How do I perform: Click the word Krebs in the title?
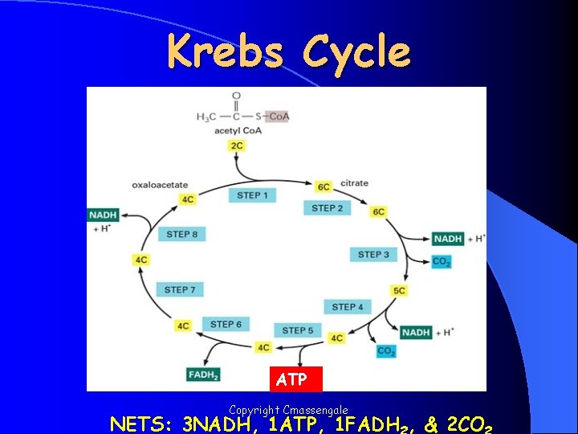(226, 52)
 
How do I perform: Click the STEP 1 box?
(253, 194)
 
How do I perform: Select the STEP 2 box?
(328, 208)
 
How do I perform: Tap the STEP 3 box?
(373, 255)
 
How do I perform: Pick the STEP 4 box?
(348, 306)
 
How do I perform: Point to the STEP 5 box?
(298, 330)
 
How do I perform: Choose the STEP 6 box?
(226, 325)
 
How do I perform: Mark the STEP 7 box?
(181, 289)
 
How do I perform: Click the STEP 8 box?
(183, 234)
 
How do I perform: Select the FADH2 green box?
(204, 374)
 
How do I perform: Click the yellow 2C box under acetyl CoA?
(237, 145)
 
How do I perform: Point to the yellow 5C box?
(399, 290)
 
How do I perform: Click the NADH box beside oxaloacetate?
(104, 215)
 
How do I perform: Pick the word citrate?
(354, 183)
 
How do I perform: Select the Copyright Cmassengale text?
(288, 410)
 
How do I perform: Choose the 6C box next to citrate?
(324, 186)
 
